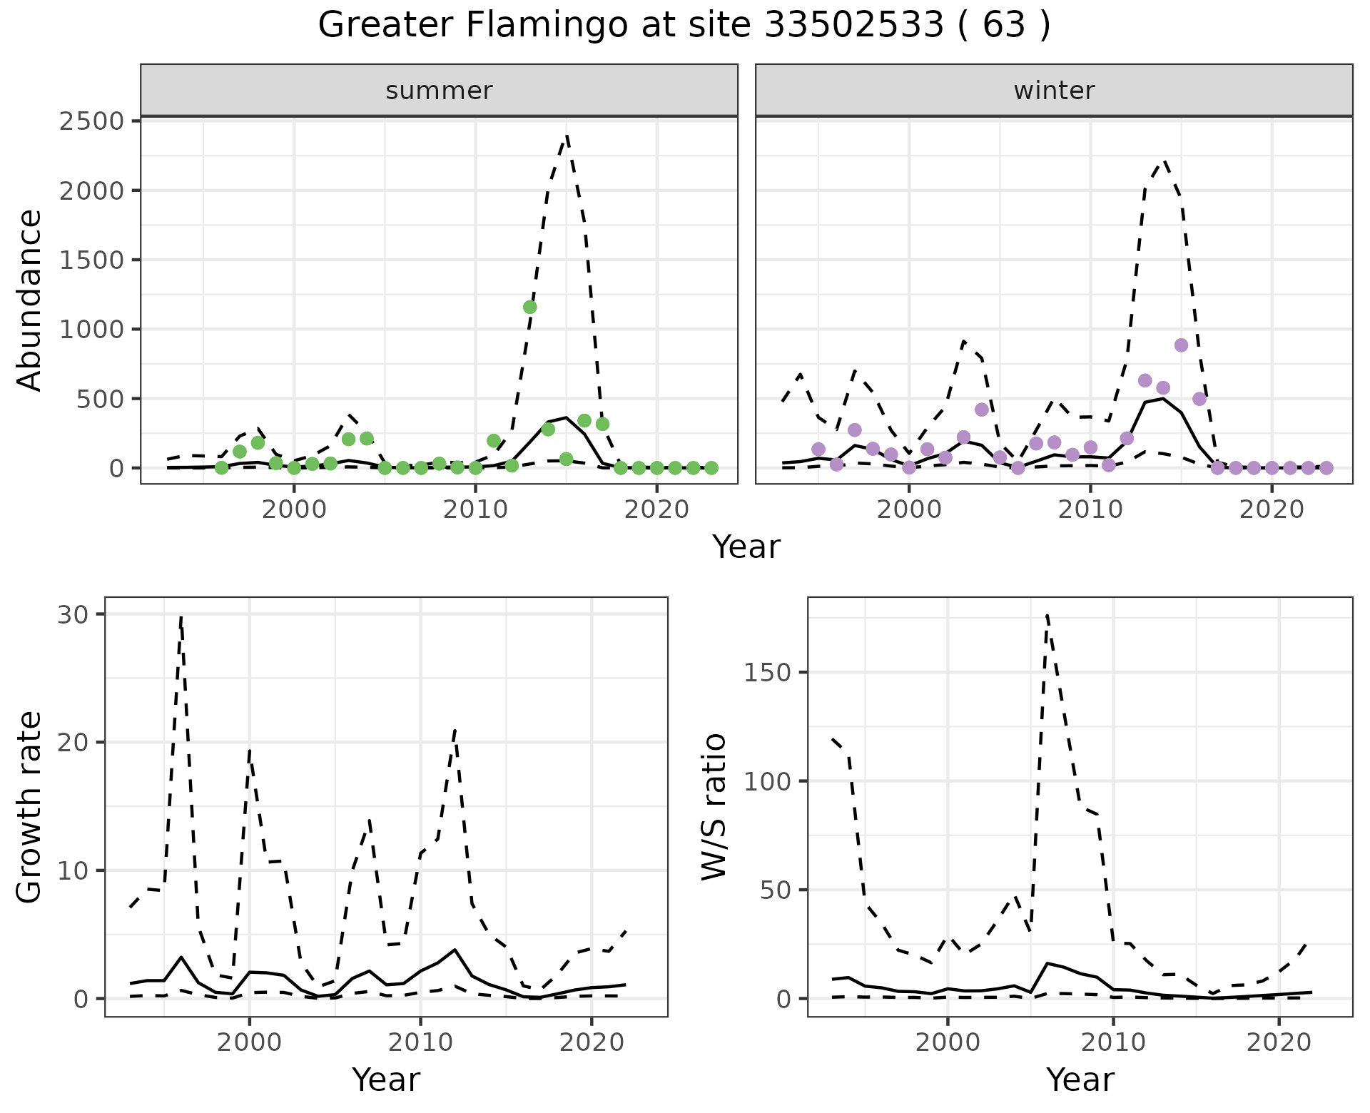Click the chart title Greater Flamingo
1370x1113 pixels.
[x=684, y=26]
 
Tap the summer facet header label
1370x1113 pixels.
[x=439, y=91]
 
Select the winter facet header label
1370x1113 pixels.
[x=1054, y=91]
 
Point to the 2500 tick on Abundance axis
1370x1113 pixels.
[x=92, y=121]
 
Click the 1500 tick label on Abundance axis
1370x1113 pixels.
[x=92, y=260]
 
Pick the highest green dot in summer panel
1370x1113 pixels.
[x=529, y=307]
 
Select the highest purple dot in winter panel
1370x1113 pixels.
[x=1181, y=345]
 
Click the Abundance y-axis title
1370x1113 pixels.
[x=30, y=300]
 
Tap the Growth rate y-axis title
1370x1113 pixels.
[x=30, y=806]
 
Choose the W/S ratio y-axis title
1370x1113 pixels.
[x=714, y=806]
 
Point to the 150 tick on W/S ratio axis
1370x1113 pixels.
[x=767, y=672]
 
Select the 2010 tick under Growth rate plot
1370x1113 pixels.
[x=420, y=1042]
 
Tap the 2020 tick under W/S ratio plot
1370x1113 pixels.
[x=1279, y=1042]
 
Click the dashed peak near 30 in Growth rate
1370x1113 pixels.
[x=181, y=616]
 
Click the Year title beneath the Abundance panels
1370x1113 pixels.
[x=746, y=547]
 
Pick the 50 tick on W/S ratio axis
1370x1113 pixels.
[x=775, y=890]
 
